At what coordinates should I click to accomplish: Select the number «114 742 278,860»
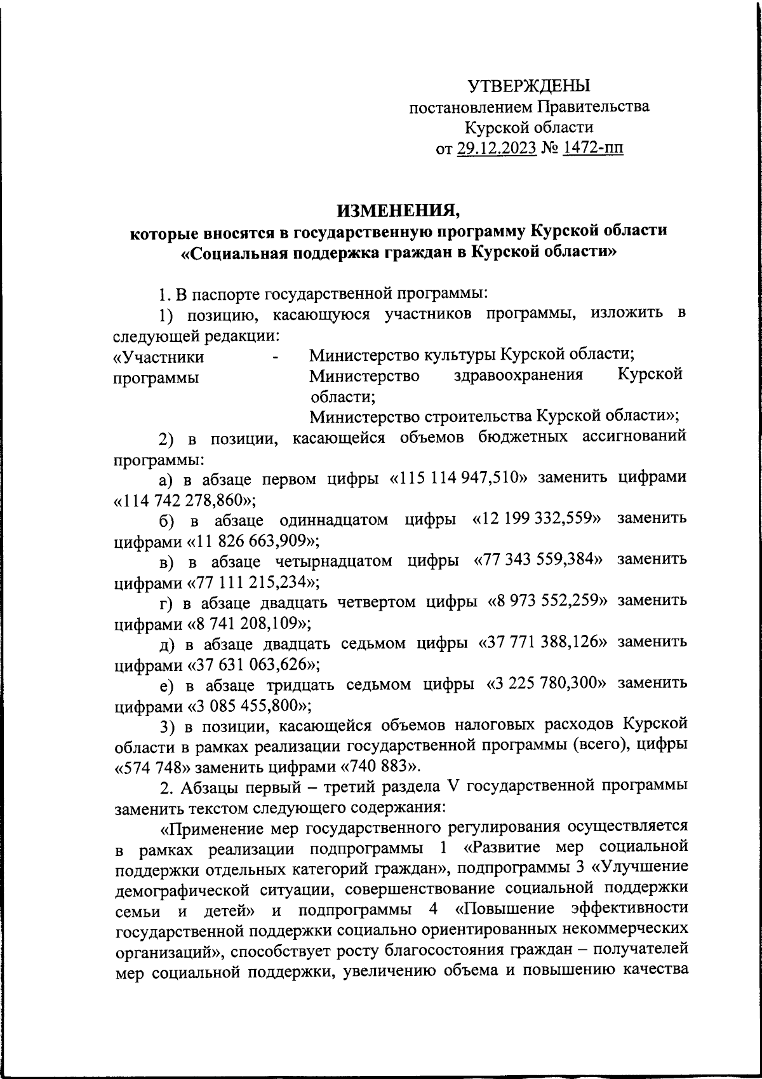[x=184, y=499]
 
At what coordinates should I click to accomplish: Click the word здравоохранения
[x=519, y=376]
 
